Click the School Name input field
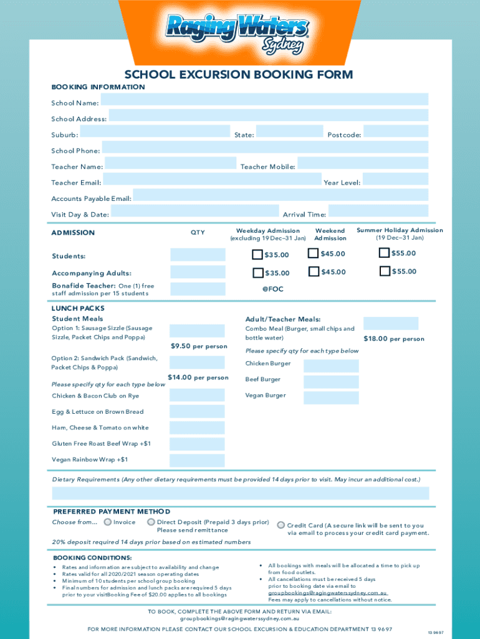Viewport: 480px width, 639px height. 264,100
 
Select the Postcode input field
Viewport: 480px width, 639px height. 396,132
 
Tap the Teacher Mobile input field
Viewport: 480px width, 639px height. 363,163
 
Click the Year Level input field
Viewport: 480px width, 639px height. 396,179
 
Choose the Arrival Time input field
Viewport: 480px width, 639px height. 378,211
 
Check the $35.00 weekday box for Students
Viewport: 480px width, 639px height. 257,255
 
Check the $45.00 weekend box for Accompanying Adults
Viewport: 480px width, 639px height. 314,271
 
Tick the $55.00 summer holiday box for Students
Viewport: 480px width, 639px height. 385,253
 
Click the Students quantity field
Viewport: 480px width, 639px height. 198,255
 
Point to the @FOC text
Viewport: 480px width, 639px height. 272,290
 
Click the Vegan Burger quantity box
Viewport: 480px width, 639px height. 331,398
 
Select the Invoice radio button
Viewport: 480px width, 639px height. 108,522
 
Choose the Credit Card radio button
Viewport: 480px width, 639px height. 281,525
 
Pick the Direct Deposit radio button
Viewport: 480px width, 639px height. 151,522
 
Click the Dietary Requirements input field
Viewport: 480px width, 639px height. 241,494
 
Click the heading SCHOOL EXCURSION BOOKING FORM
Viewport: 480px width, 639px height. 239,75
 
